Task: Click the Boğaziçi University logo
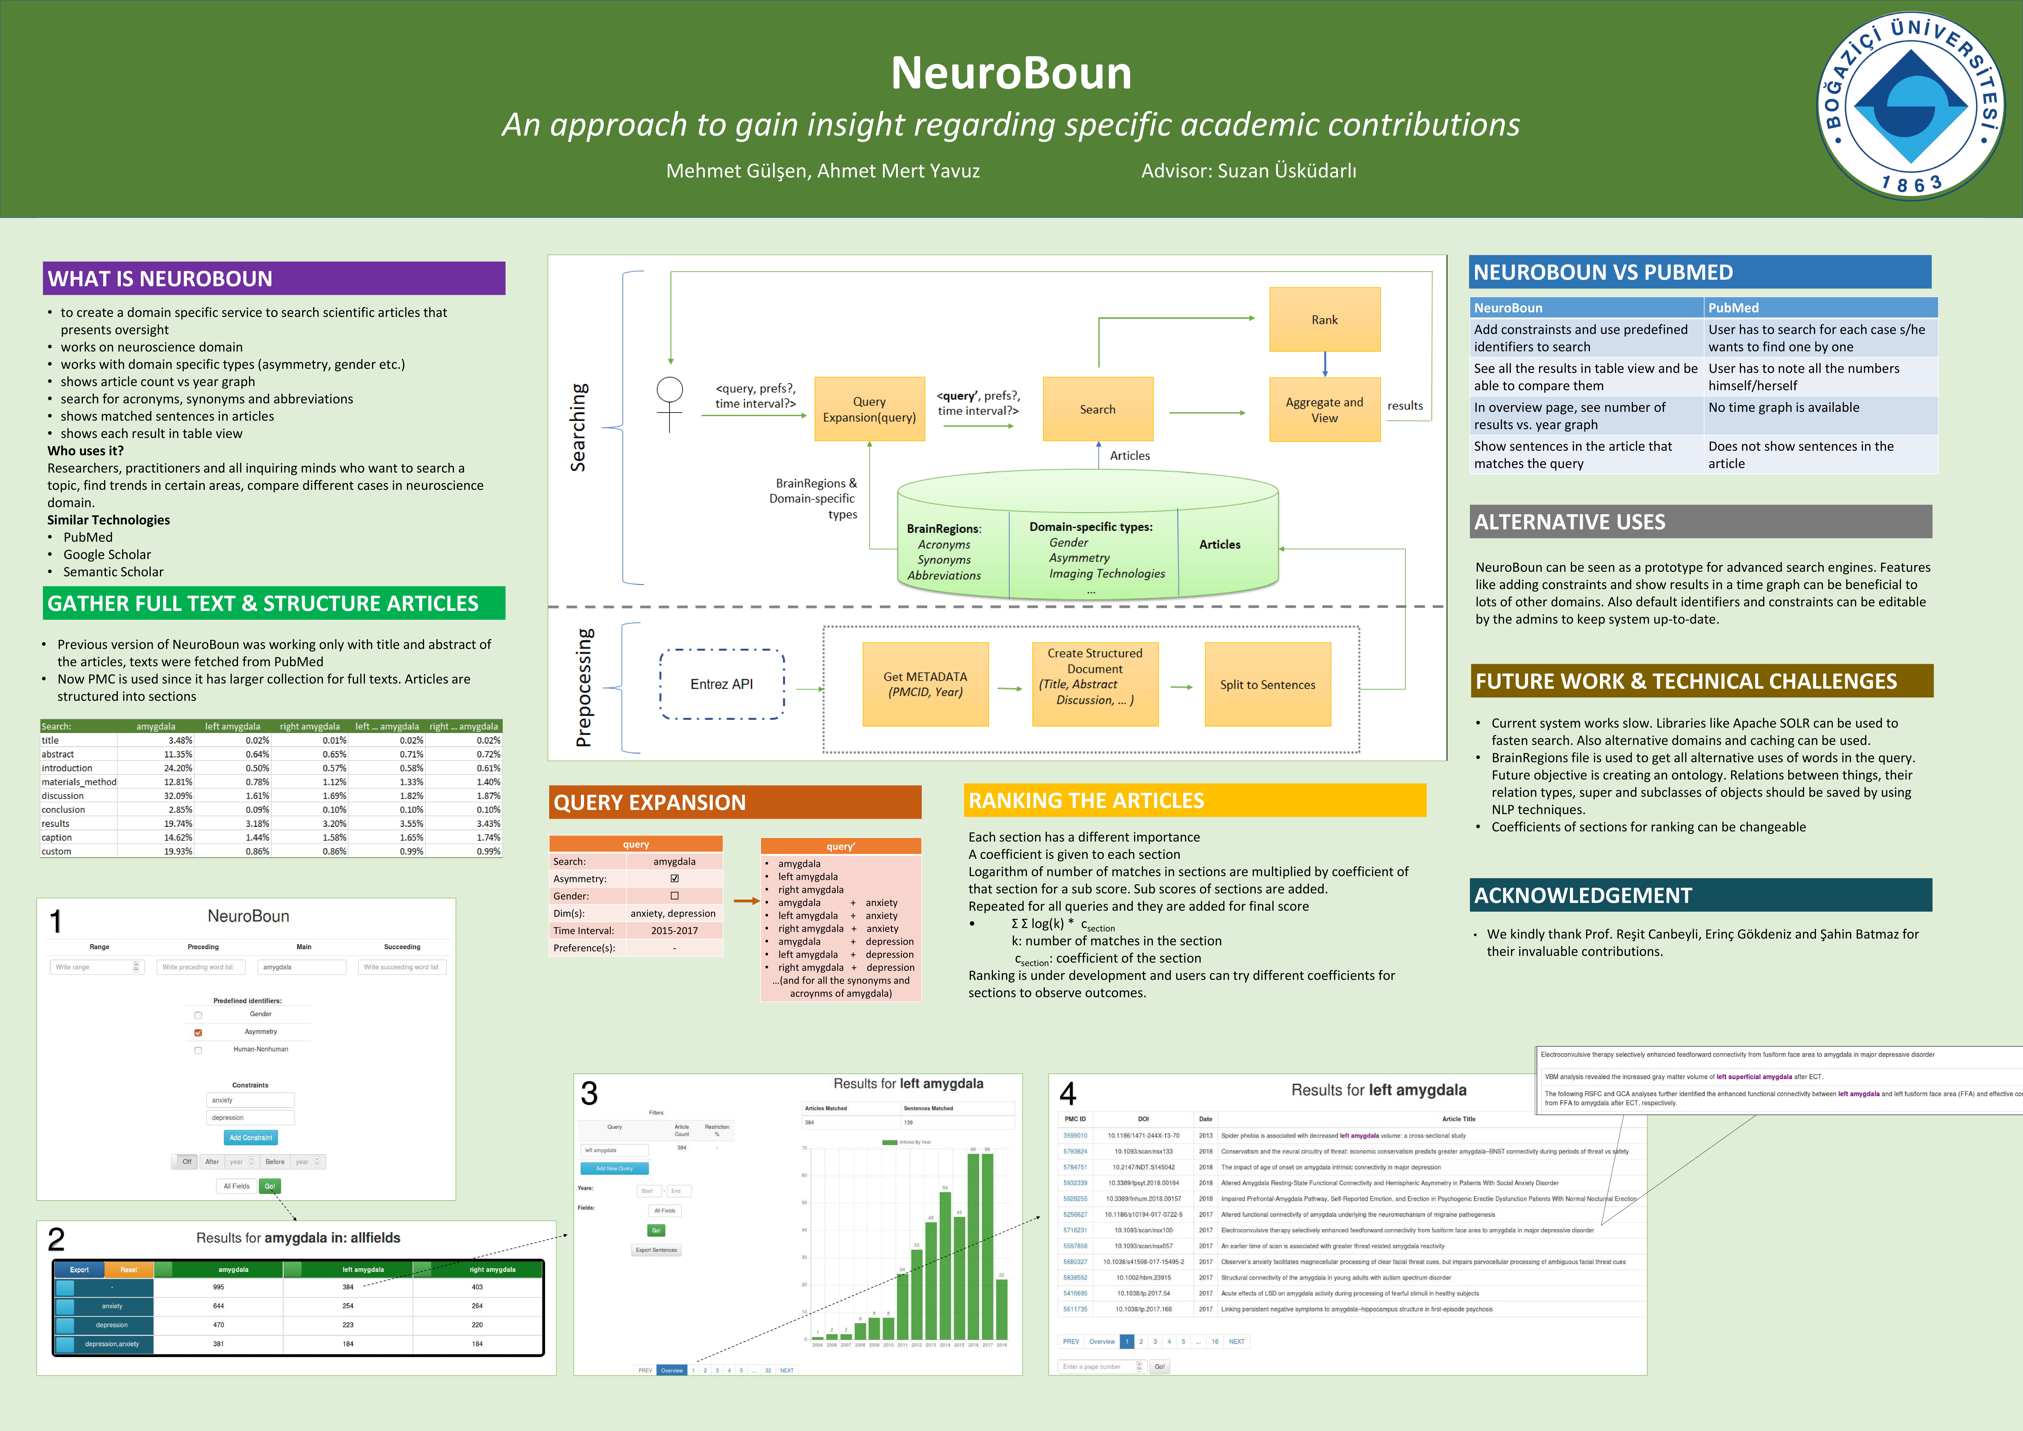click(1910, 107)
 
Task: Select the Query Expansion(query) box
click(869, 409)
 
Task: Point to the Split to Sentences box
click(1267, 685)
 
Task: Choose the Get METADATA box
click(925, 684)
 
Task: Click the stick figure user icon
click(670, 404)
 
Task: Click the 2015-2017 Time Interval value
click(674, 931)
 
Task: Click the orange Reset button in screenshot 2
click(129, 1270)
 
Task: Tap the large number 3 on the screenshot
click(589, 1094)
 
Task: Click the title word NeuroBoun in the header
click(1011, 73)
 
